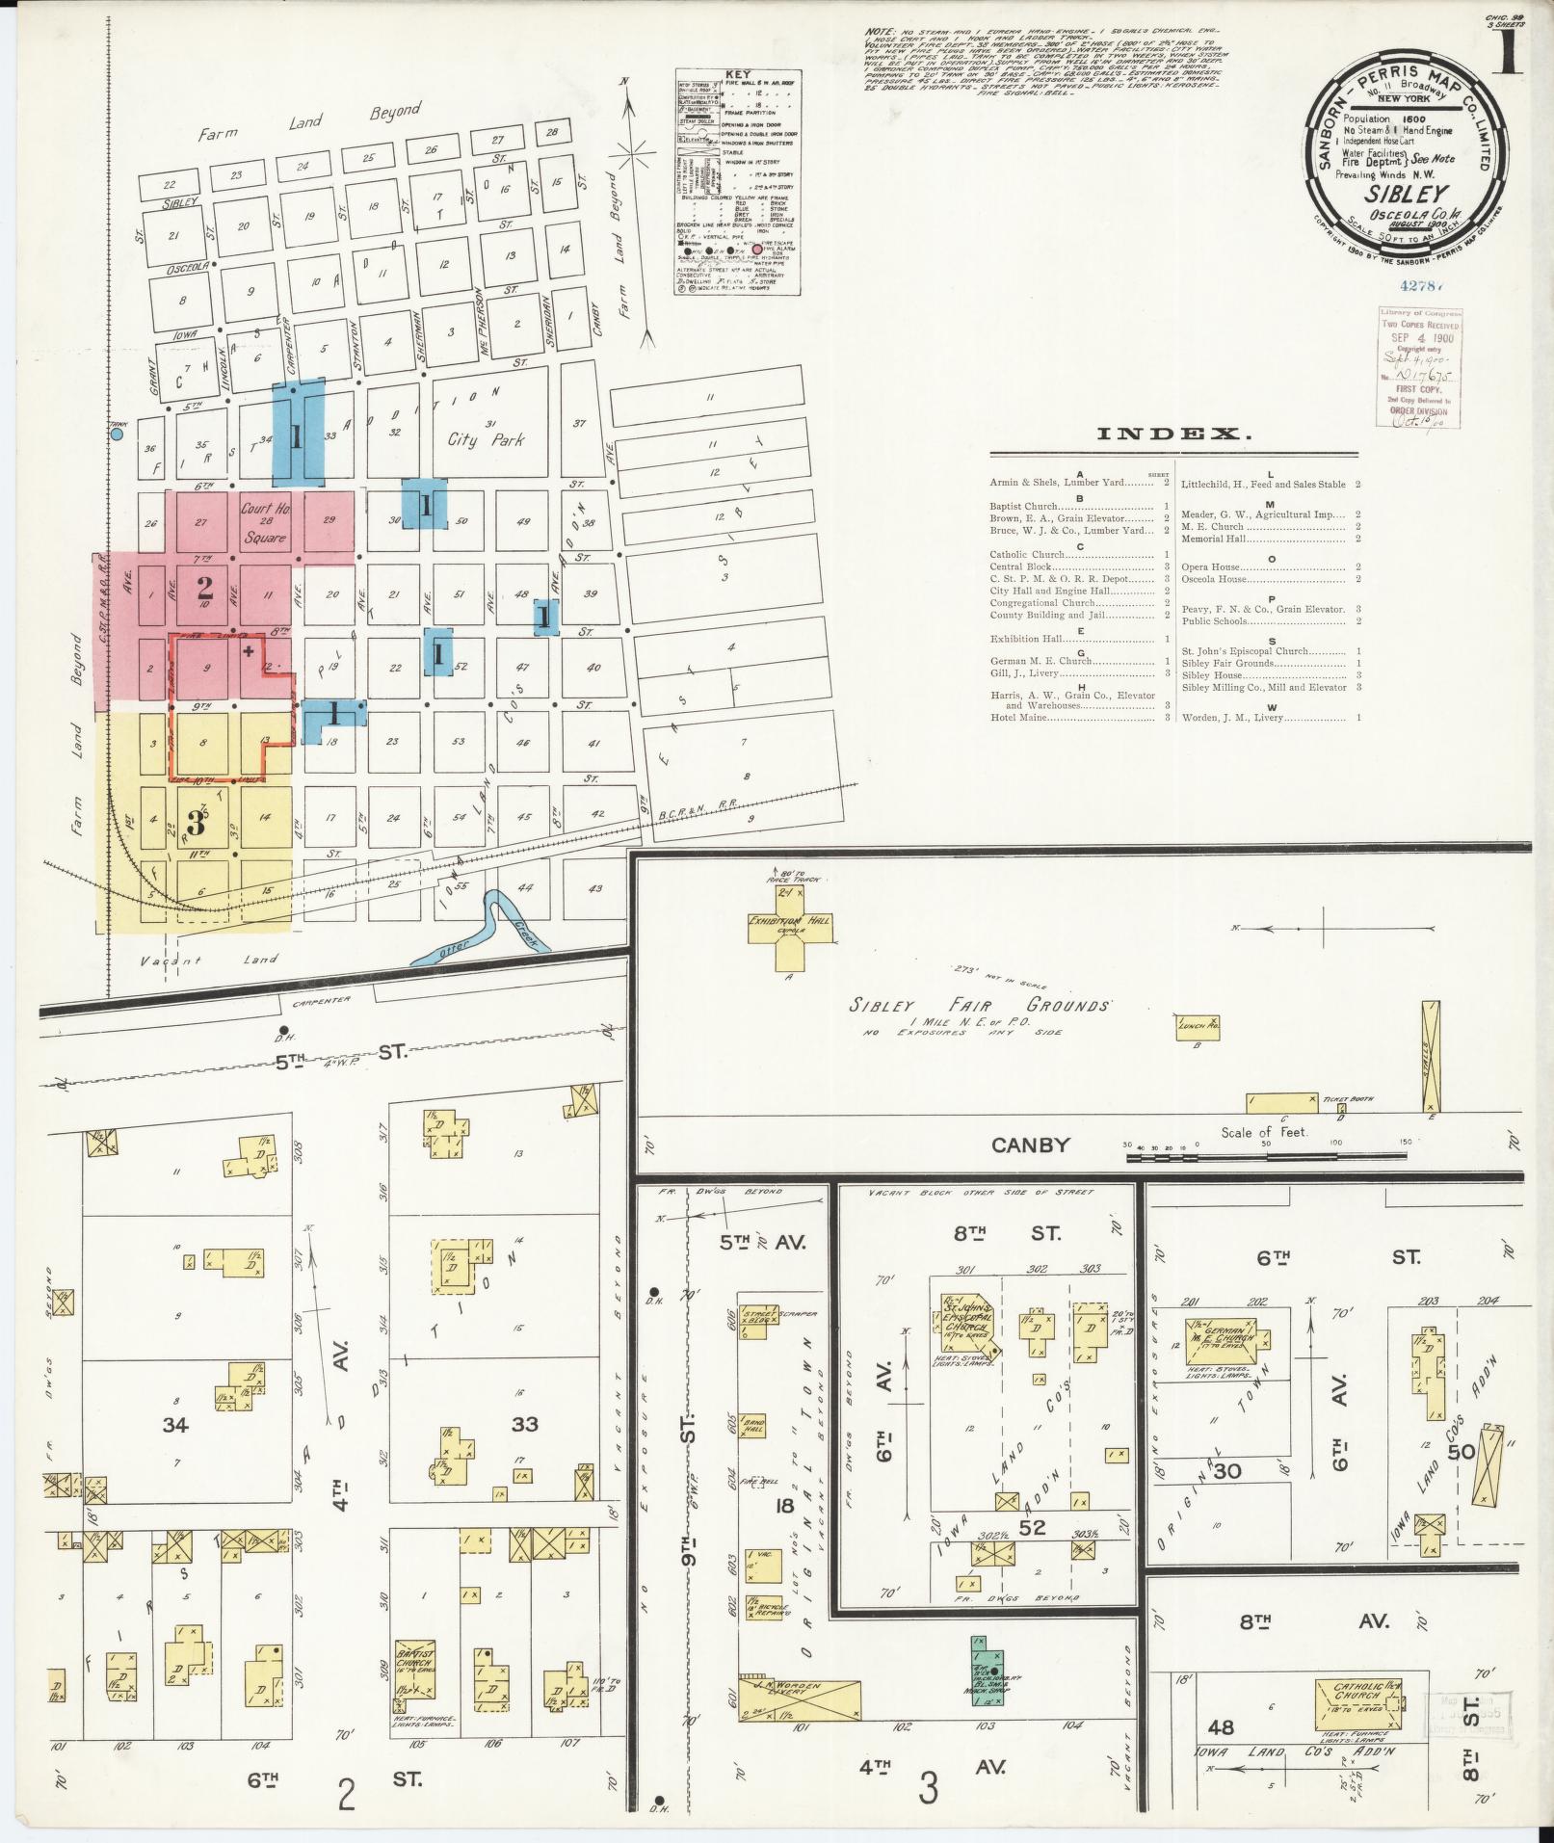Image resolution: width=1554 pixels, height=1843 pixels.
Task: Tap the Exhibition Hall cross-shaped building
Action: point(789,929)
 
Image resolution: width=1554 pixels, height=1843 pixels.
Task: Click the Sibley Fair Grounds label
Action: point(979,1005)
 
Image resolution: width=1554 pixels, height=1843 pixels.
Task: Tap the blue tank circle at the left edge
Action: point(117,434)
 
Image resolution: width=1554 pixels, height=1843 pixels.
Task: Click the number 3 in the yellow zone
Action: point(196,823)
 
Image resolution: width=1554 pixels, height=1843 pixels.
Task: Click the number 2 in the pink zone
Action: point(203,586)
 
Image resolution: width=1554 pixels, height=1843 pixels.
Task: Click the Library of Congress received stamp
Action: point(1419,367)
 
